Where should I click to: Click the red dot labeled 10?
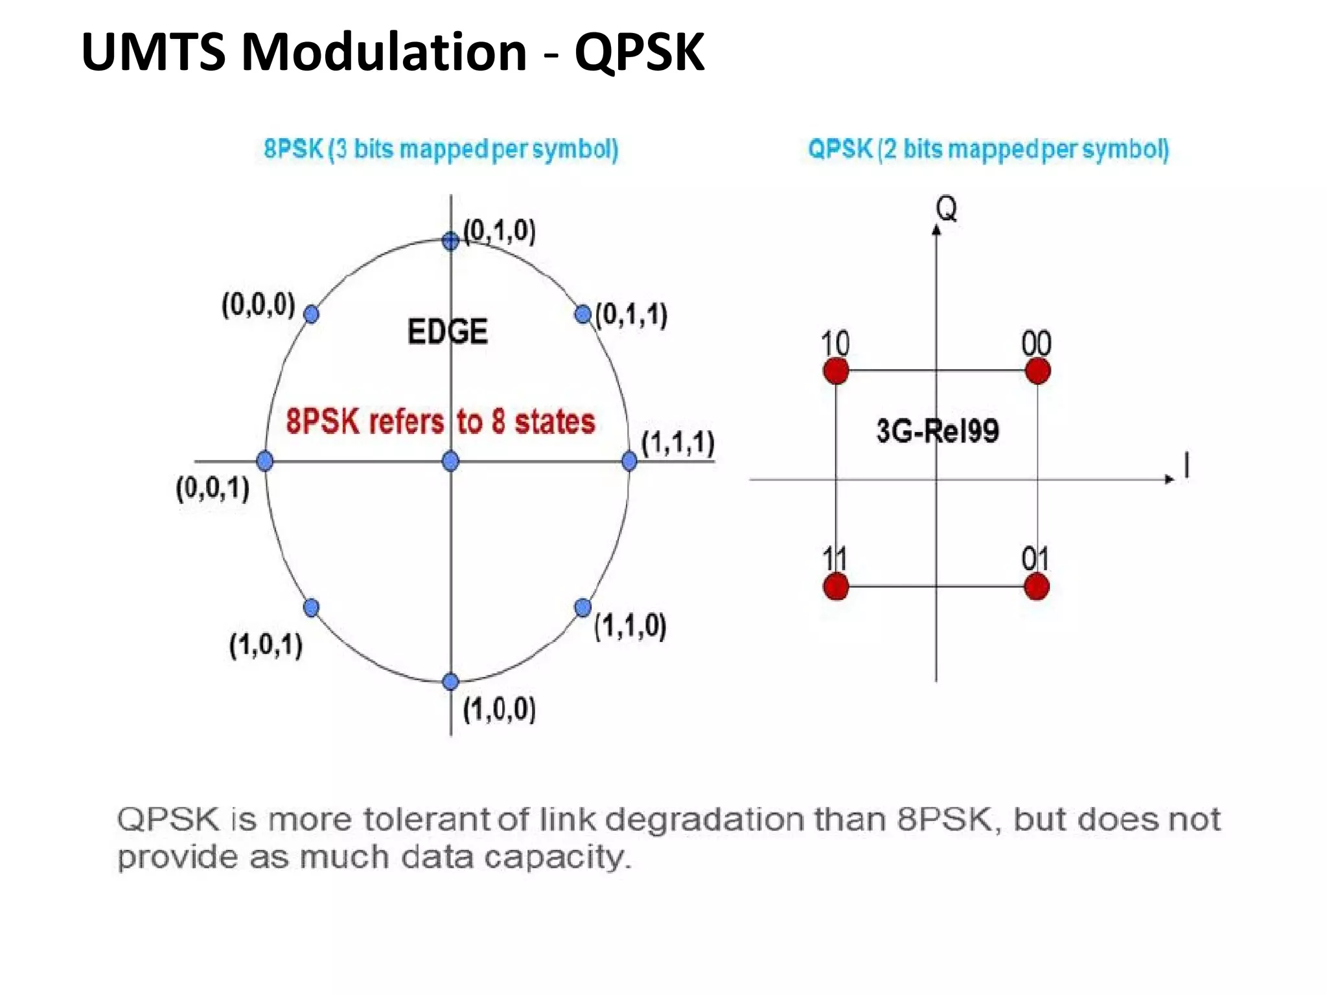coord(836,371)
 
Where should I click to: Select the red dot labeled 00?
coord(1037,371)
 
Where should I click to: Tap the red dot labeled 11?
coord(836,587)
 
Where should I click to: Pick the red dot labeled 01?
coord(1037,587)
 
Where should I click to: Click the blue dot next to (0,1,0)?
coord(450,241)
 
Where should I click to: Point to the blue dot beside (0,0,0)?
coord(311,314)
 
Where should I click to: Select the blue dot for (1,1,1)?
coord(629,461)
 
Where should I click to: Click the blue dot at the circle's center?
coord(450,461)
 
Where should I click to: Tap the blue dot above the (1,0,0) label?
coord(450,681)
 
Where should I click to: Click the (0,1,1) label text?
coord(632,315)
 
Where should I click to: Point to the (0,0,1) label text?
coord(213,488)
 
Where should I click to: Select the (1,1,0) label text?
coord(630,626)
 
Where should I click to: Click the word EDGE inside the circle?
coord(447,332)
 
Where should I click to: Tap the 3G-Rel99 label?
coord(937,431)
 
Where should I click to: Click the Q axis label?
coord(946,209)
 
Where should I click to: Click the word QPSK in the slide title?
coord(639,52)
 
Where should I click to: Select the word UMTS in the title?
coord(154,52)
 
